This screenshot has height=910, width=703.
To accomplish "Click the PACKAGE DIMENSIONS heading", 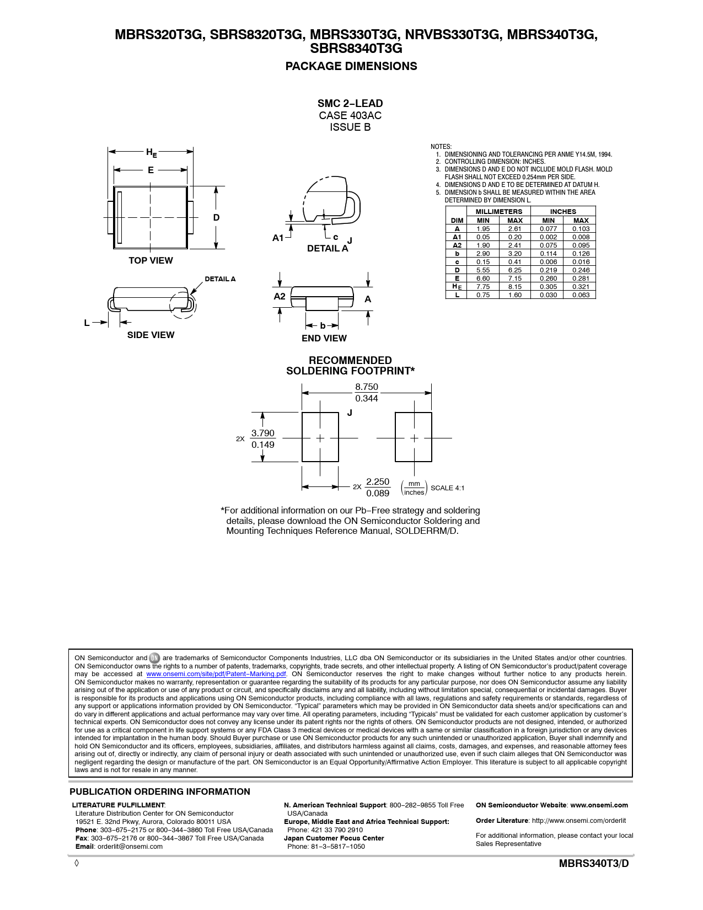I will [351, 66].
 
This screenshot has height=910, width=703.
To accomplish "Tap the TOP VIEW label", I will [151, 260].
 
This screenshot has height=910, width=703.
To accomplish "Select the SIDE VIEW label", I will [151, 335].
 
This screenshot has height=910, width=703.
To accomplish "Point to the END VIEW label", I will [324, 338].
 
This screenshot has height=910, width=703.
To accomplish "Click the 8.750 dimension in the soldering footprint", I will [367, 387].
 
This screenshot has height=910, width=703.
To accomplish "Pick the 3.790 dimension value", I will [263, 433].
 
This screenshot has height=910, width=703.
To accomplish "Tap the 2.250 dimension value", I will [378, 482].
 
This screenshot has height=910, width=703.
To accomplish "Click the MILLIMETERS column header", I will [498, 211].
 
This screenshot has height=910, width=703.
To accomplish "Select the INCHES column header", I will [563, 211].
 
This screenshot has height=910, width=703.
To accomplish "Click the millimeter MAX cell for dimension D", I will [515, 270].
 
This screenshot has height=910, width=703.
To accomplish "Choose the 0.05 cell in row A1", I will [483, 237].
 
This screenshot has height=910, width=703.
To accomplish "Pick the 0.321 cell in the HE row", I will [581, 287].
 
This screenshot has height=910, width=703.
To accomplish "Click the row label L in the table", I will [457, 295].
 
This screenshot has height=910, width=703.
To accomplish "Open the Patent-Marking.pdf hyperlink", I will [216, 674].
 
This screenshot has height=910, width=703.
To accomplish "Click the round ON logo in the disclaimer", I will [155, 658].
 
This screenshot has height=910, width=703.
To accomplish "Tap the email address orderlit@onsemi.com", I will [130, 847].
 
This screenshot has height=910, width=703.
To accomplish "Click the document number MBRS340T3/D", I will [594, 864].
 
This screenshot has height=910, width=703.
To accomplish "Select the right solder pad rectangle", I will [414, 437].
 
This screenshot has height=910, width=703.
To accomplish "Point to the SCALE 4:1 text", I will [447, 488].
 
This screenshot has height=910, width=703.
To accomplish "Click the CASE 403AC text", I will [350, 115].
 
